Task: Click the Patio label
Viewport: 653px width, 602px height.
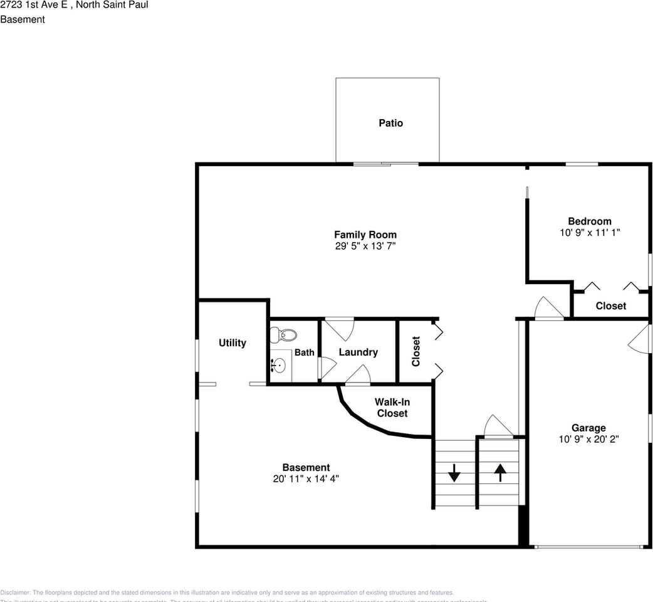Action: coord(390,123)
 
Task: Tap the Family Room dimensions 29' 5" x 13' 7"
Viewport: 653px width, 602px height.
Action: coord(365,246)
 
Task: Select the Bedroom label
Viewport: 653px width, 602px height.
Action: coord(589,221)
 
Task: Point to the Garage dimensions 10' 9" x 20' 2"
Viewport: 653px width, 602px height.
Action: coord(588,439)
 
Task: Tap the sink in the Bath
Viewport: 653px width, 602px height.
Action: coord(279,365)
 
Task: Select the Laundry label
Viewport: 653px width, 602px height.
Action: coord(358,352)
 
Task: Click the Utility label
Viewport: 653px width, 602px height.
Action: coord(232,343)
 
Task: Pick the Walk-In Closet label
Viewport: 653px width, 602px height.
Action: coord(392,408)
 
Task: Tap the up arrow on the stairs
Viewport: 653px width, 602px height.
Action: coord(500,472)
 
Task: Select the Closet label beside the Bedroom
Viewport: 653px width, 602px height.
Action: coord(610,306)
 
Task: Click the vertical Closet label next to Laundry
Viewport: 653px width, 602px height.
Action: coord(415,351)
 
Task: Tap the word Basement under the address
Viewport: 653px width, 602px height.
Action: coord(23,19)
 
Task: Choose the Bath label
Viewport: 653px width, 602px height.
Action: coord(305,352)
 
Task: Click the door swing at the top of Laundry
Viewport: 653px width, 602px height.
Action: coord(340,328)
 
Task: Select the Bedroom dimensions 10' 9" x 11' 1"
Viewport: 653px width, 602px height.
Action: coord(589,232)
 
